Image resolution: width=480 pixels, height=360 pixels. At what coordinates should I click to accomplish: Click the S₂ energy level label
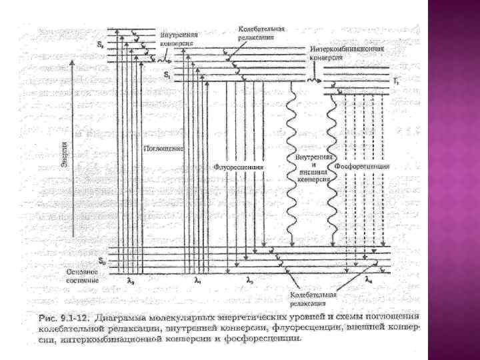click(x=101, y=45)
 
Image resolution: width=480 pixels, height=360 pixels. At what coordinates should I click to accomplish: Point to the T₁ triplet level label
click(x=396, y=81)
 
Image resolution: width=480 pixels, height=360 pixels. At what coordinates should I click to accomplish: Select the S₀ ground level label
click(x=101, y=259)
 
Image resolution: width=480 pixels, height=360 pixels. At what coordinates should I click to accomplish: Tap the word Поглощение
click(x=163, y=147)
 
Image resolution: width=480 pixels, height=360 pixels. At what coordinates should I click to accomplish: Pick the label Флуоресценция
click(x=239, y=167)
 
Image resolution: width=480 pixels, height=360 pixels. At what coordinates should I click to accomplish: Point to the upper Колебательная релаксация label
click(x=262, y=33)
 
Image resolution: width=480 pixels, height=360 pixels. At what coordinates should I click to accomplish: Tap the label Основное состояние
click(x=83, y=276)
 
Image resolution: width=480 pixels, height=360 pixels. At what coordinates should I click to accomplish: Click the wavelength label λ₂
click(x=249, y=282)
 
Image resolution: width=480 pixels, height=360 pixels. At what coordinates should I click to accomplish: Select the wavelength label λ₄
click(x=368, y=281)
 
